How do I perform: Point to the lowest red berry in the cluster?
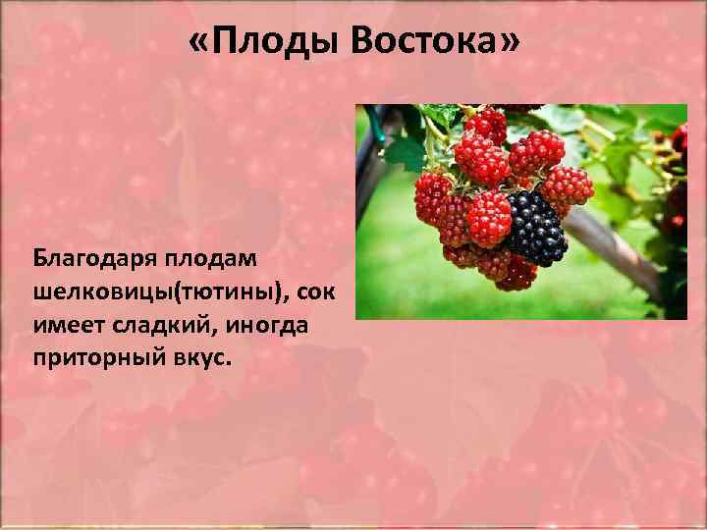517,275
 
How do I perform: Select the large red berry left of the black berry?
488,218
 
